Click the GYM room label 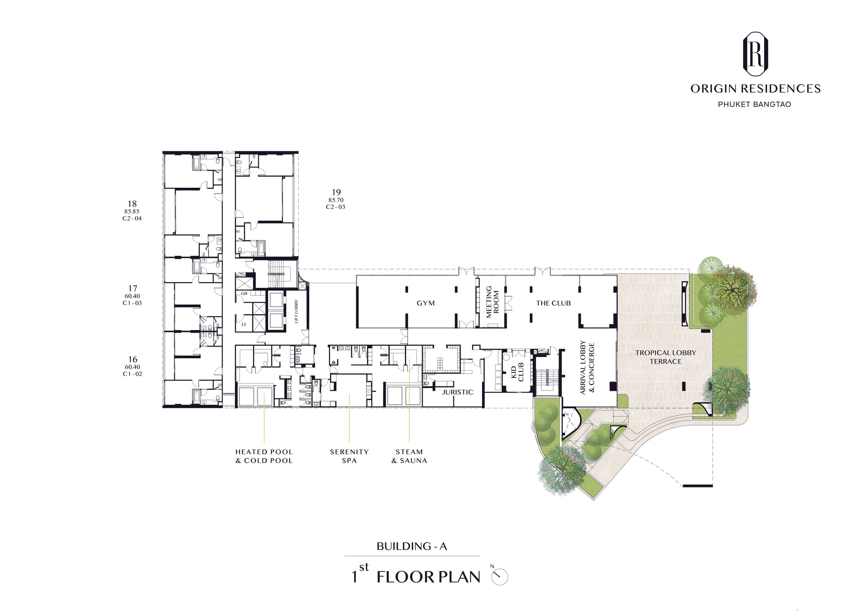[426, 303]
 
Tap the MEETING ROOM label [492, 302]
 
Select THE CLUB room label [553, 303]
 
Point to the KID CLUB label [517, 372]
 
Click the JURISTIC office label [457, 392]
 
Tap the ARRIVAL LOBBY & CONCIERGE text [587, 367]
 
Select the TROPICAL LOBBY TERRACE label [665, 357]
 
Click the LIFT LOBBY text [296, 311]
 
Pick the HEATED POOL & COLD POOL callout [264, 456]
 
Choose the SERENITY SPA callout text [349, 456]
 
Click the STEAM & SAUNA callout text [409, 456]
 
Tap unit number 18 [132, 204]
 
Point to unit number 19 [336, 192]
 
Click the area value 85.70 [336, 200]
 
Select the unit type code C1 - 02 [132, 374]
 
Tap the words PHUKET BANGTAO [755, 104]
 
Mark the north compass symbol [500, 575]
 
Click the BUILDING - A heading [412, 547]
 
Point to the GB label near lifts [244, 294]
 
